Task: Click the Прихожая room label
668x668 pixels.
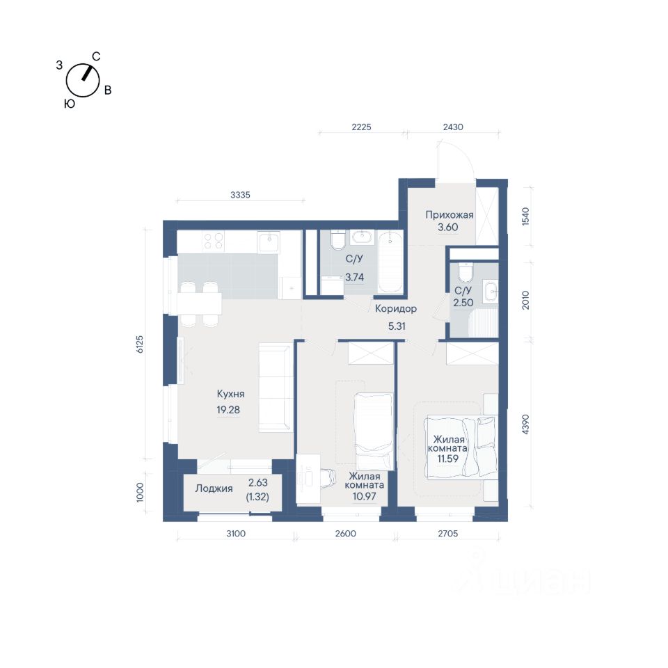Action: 450,215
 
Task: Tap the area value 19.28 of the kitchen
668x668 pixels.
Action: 228,410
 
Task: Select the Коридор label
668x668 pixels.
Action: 396,308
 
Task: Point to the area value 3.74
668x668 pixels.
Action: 354,278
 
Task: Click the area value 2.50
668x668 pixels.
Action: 463,303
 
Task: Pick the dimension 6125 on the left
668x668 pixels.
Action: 140,344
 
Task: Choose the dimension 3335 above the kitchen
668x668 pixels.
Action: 240,195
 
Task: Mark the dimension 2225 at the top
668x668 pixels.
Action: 361,127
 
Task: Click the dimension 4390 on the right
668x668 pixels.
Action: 525,424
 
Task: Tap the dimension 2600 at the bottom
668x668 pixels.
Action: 346,534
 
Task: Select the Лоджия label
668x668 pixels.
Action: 214,488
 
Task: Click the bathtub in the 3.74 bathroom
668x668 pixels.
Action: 390,262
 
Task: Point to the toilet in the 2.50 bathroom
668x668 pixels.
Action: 465,273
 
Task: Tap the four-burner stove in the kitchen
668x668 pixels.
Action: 214,241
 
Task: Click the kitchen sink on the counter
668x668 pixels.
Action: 269,242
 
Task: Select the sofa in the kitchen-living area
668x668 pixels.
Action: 276,388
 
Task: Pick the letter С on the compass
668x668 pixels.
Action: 96,56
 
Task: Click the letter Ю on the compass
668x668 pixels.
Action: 70,104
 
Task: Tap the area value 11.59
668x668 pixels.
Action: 447,459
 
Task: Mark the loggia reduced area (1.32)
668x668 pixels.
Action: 257,497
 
